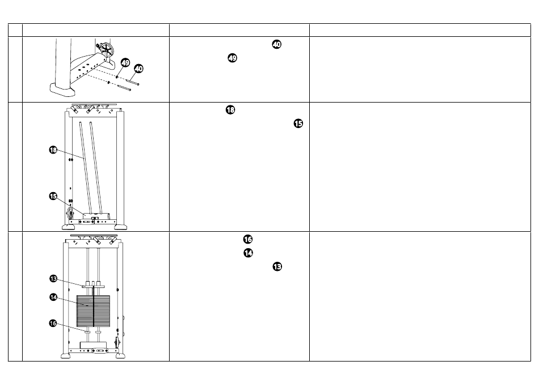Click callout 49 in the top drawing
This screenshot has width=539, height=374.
click(125, 62)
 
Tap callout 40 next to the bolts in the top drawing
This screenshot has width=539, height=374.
click(138, 69)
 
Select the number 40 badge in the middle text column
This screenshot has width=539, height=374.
click(277, 44)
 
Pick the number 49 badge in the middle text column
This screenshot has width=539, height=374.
click(233, 58)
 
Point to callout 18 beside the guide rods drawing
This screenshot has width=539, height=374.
click(53, 150)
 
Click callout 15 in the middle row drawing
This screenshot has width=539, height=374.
click(53, 196)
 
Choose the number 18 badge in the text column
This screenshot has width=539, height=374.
click(230, 110)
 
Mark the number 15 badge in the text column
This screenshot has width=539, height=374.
click(298, 124)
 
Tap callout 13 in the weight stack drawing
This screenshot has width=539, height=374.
click(53, 279)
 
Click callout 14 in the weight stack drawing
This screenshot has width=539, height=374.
click(53, 297)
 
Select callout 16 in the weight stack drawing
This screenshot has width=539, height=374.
click(53, 323)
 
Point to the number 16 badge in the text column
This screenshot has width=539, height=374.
click(248, 239)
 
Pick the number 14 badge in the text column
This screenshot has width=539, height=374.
click(248, 253)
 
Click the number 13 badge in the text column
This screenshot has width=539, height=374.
click(277, 267)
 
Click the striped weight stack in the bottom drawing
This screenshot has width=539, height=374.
click(93, 311)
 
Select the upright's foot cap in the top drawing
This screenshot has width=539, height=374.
click(62, 90)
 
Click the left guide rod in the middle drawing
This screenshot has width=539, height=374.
click(86, 168)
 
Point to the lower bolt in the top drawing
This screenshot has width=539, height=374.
click(124, 88)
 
